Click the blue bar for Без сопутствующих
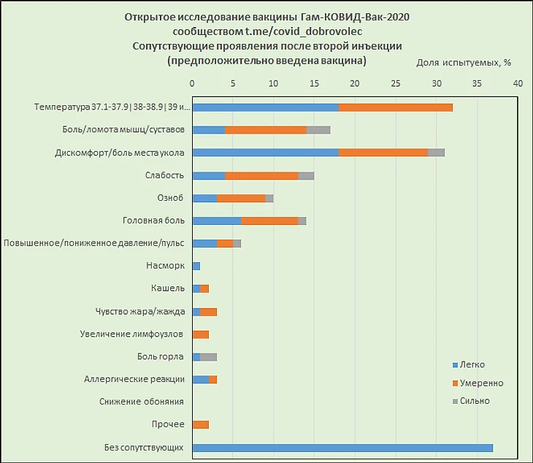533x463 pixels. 342,448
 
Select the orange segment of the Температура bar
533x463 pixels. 396,107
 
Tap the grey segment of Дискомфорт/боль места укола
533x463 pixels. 436,153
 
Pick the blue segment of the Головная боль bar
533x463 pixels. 216,221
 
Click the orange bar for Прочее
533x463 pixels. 200,425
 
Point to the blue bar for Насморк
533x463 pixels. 196,266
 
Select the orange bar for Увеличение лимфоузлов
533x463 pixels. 200,334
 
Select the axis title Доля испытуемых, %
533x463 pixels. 463,62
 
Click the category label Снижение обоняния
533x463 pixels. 142,402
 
